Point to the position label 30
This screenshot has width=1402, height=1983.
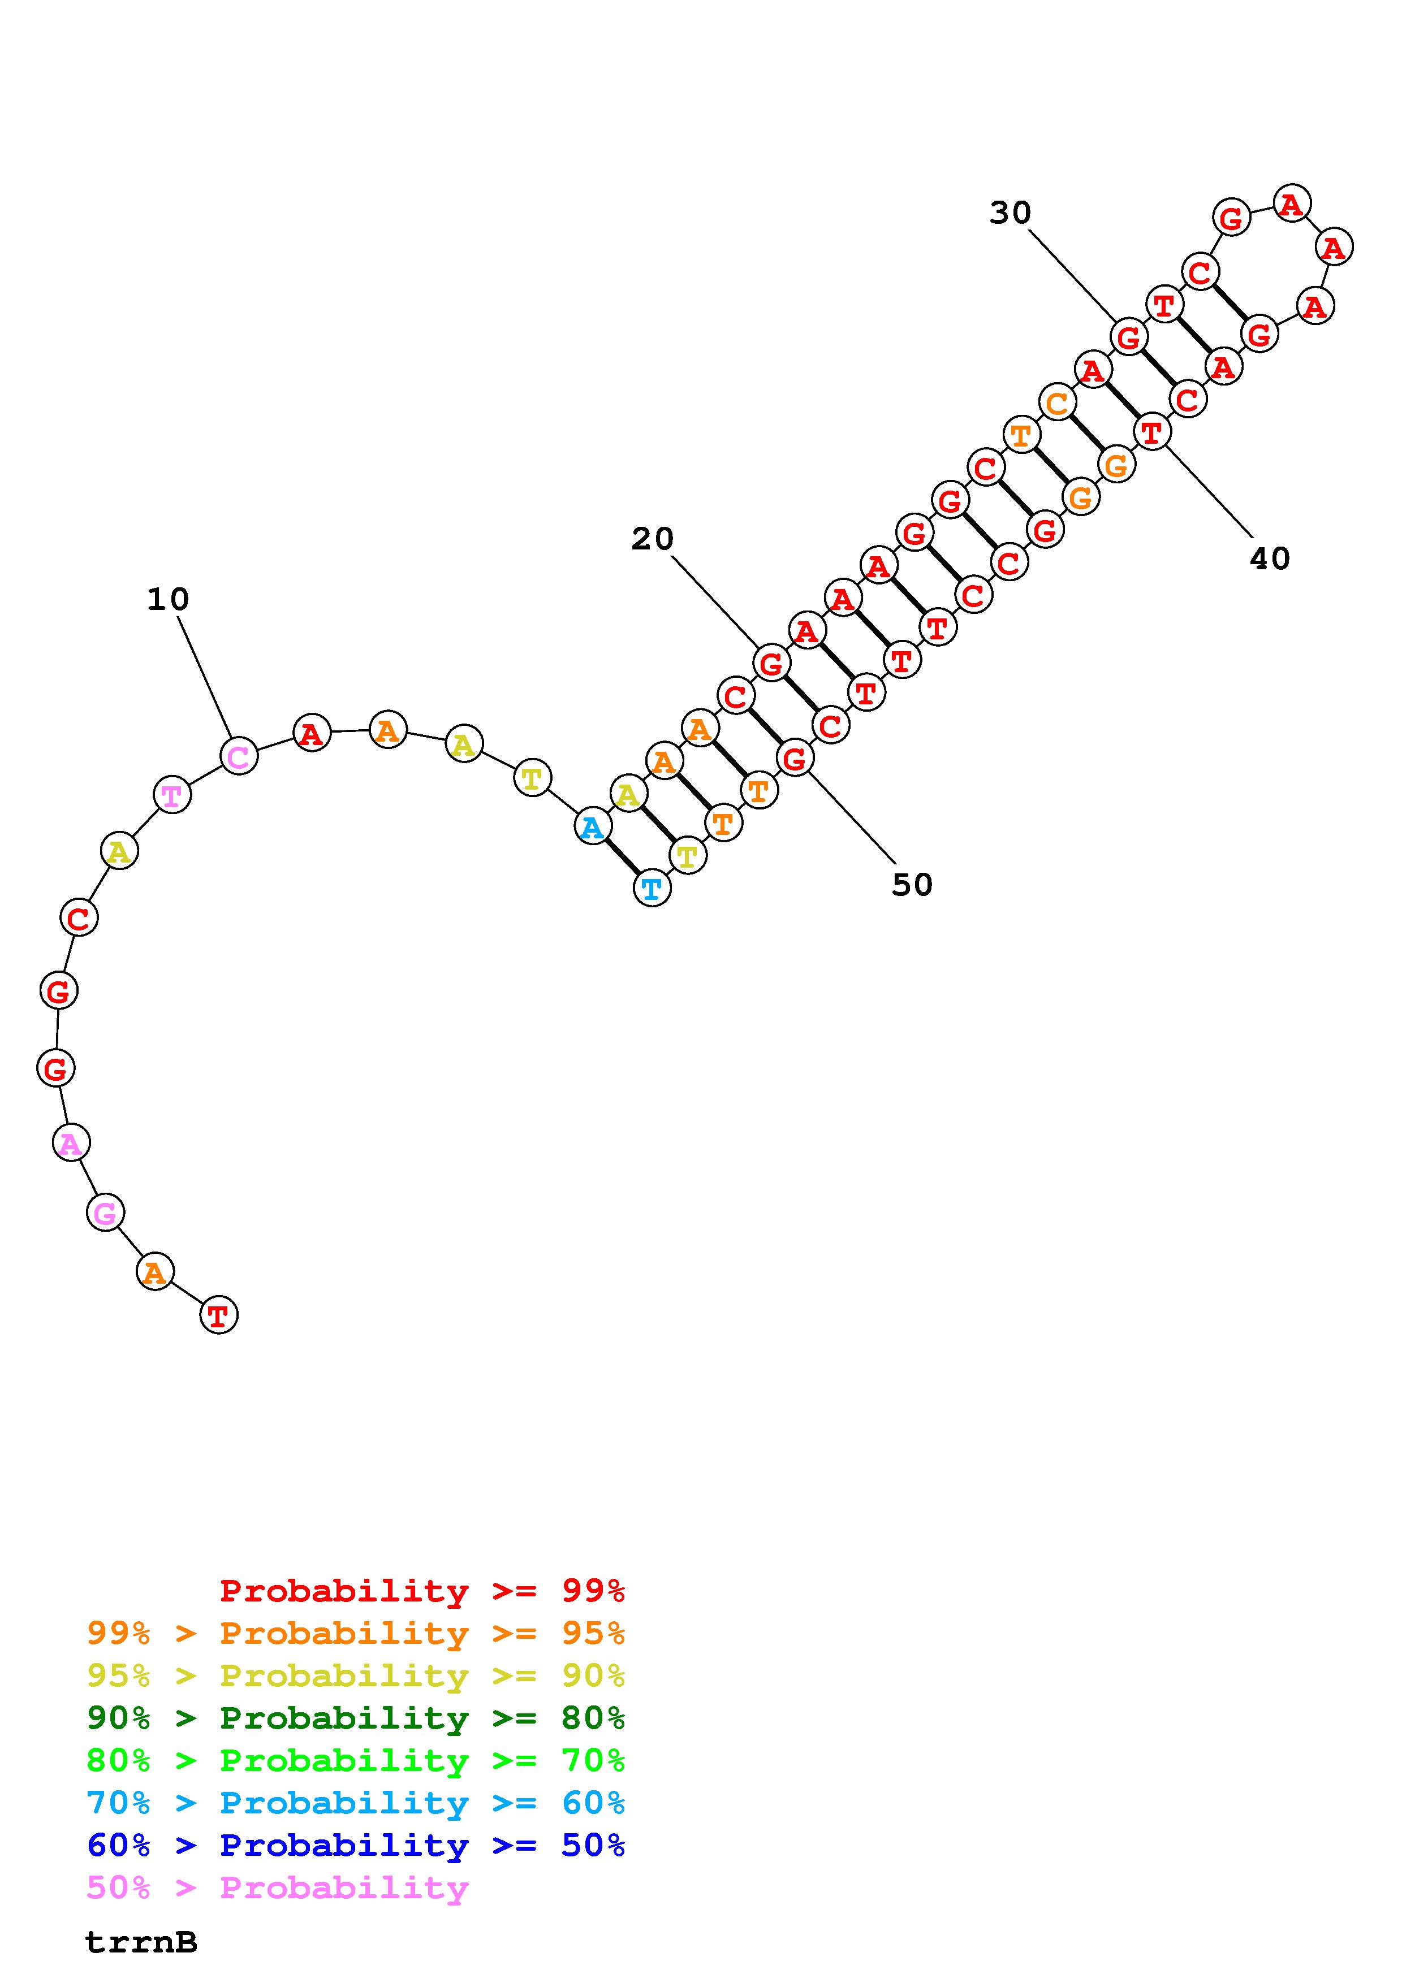(1010, 213)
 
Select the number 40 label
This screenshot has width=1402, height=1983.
(1270, 559)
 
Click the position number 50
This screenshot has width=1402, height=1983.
(912, 885)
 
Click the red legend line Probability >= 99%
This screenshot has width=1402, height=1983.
(422, 1591)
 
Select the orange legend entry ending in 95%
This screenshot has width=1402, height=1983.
(356, 1633)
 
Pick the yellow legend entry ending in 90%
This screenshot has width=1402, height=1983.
(356, 1675)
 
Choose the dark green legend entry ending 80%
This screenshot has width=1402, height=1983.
(356, 1718)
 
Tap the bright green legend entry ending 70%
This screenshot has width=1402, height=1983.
(356, 1760)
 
